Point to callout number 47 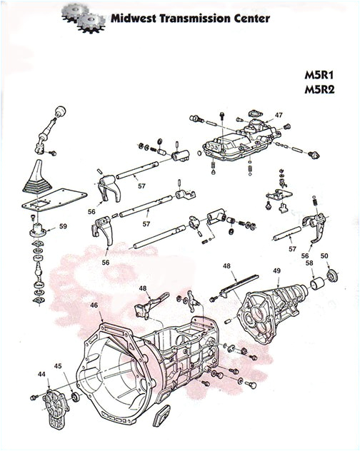point(279,115)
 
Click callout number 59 point(63,227)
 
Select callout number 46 point(93,305)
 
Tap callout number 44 point(41,375)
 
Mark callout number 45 point(59,368)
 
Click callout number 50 point(324,255)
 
